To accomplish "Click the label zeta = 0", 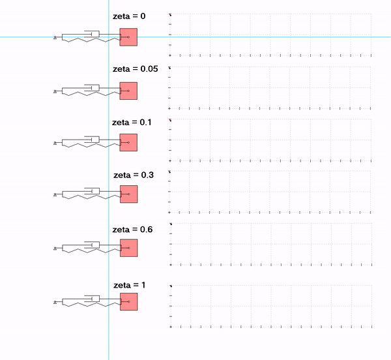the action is [129, 16].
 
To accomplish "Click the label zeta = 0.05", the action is [135, 69].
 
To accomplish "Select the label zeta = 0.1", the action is [132, 122].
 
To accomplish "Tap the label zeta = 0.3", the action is [134, 175].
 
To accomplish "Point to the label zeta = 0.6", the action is [132, 230].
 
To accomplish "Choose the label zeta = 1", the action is [130, 285].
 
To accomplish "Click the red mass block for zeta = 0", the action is [128, 37].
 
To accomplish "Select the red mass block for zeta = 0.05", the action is [128, 91].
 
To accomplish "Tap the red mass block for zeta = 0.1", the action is [128, 142].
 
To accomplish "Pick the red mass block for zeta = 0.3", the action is [128, 194].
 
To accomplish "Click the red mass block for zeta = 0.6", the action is [128, 248].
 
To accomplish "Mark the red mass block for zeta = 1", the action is [128, 301].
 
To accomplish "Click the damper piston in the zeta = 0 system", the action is [92, 34].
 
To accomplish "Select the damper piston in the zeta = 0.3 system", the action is [92, 191].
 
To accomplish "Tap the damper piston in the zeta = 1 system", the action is [92, 299].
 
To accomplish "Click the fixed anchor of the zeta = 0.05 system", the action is [55, 91].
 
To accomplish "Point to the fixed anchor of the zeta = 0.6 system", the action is [55, 248].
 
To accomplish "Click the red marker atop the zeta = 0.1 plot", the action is [170, 120].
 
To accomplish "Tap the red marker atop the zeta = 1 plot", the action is [171, 286].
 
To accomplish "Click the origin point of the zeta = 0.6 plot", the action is [171, 265].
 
